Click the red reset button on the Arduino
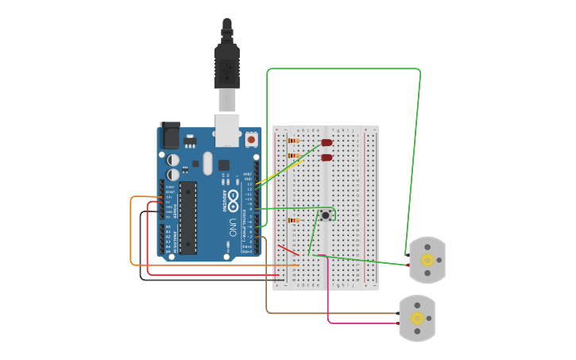(x=252, y=139)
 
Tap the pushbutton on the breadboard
(x=326, y=215)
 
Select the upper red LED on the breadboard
(x=327, y=143)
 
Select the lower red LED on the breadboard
(x=327, y=157)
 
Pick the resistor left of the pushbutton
(x=293, y=220)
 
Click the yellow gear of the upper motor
(x=427, y=260)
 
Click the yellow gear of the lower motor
(x=417, y=318)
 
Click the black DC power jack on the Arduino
(x=170, y=136)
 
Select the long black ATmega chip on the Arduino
(x=187, y=218)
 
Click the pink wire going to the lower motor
(x=328, y=294)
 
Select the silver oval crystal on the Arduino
(x=208, y=163)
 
